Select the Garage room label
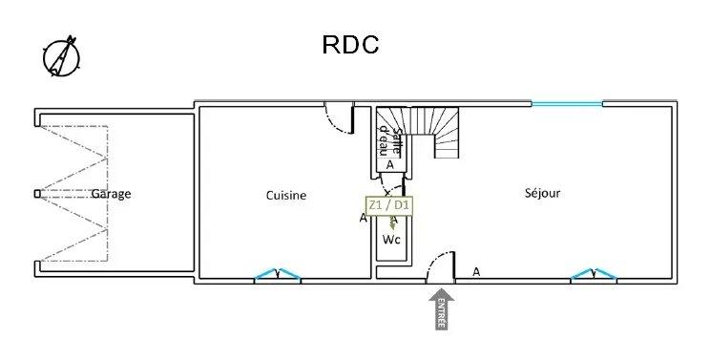[111, 194]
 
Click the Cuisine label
[286, 196]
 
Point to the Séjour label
[542, 193]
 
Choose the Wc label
[391, 240]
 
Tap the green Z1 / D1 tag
[389, 204]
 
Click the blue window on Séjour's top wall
[567, 103]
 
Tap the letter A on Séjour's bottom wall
[475, 271]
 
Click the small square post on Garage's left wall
[37, 194]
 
